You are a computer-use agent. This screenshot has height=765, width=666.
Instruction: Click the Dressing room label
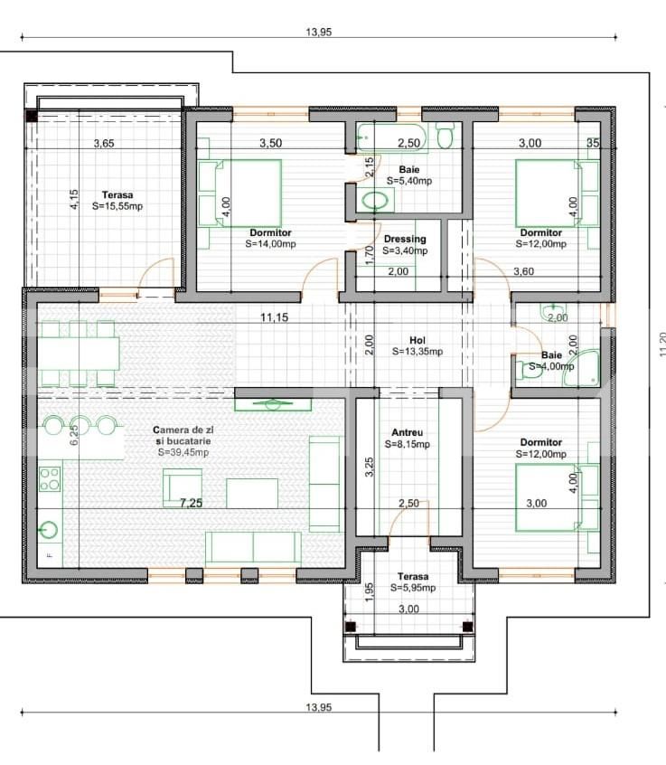(404, 240)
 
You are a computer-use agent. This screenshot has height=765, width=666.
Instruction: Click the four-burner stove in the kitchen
(50, 477)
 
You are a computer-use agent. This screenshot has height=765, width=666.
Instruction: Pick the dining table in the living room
(78, 353)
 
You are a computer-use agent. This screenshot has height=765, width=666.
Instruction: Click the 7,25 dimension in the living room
(191, 503)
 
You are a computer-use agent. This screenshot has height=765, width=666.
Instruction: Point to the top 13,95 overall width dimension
(319, 32)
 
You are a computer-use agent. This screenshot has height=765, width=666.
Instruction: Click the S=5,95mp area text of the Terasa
(413, 588)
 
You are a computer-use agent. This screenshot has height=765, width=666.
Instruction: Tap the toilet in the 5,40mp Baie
(445, 137)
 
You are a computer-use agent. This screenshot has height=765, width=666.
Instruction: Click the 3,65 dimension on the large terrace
(109, 143)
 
